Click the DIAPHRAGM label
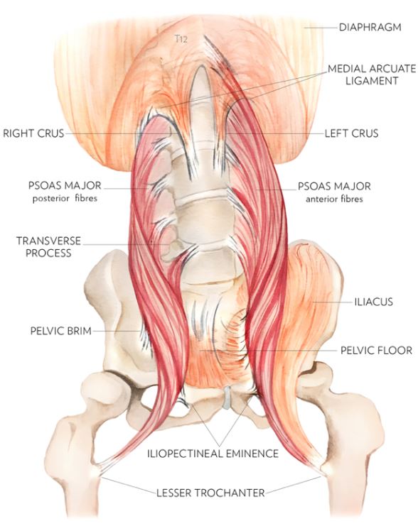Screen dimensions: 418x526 pyautogui.click(x=370, y=27)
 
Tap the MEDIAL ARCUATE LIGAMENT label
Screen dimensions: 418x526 pyautogui.click(x=372, y=75)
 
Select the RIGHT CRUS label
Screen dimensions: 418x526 pyautogui.click(x=33, y=133)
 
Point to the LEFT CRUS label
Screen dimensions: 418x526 pyautogui.click(x=351, y=133)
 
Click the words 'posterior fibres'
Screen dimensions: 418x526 pyautogui.click(x=65, y=199)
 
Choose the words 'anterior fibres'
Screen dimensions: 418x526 pyautogui.click(x=334, y=199)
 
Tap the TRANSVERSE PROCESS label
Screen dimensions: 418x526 pyautogui.click(x=49, y=246)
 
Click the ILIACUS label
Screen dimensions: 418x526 pyautogui.click(x=374, y=302)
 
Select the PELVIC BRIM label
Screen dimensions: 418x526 pyautogui.click(x=61, y=331)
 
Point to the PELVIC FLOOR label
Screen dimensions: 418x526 pyautogui.click(x=376, y=351)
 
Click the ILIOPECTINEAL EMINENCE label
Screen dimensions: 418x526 pyautogui.click(x=213, y=454)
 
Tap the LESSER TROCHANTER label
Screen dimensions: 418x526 pyautogui.click(x=210, y=493)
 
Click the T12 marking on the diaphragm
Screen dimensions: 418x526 pyautogui.click(x=181, y=39)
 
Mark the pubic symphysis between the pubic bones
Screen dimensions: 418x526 pyautogui.click(x=227, y=398)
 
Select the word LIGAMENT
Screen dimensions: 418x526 pyautogui.click(x=372, y=81)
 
